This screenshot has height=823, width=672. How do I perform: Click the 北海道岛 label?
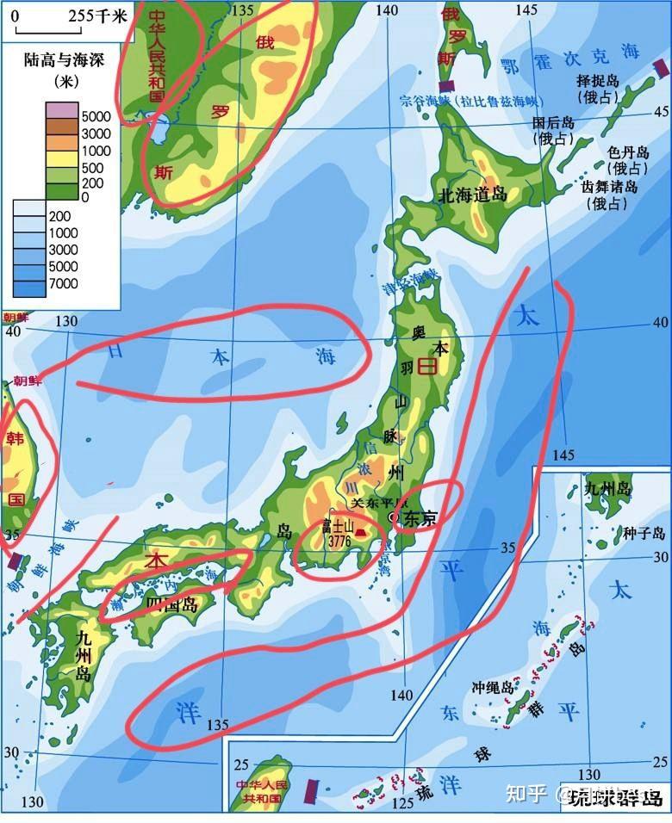click(473, 195)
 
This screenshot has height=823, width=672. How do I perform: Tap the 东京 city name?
click(420, 518)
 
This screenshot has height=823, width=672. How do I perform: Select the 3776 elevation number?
click(339, 543)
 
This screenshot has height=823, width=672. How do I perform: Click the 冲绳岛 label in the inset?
click(492, 689)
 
